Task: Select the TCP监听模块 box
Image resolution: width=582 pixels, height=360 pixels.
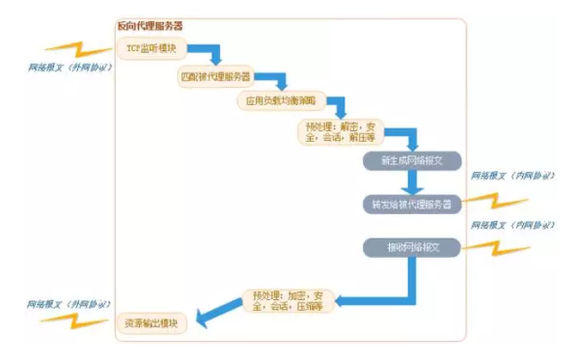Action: pyautogui.click(x=150, y=47)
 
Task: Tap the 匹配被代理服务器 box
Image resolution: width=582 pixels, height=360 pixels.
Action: pyautogui.click(x=214, y=74)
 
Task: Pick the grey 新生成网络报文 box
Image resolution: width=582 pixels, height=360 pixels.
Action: pyautogui.click(x=412, y=159)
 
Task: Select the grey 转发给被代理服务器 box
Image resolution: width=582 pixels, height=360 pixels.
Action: pyautogui.click(x=412, y=205)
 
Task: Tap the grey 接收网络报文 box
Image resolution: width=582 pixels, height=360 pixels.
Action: pyautogui.click(x=412, y=246)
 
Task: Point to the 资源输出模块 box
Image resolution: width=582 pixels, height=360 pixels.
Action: pyautogui.click(x=152, y=322)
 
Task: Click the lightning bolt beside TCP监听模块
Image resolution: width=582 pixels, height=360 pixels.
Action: pyautogui.click(x=71, y=49)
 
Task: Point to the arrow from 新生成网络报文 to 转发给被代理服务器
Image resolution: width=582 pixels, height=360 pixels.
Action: pyautogui.click(x=413, y=182)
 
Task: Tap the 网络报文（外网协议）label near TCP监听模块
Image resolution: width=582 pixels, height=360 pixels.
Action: pyautogui.click(x=69, y=69)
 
